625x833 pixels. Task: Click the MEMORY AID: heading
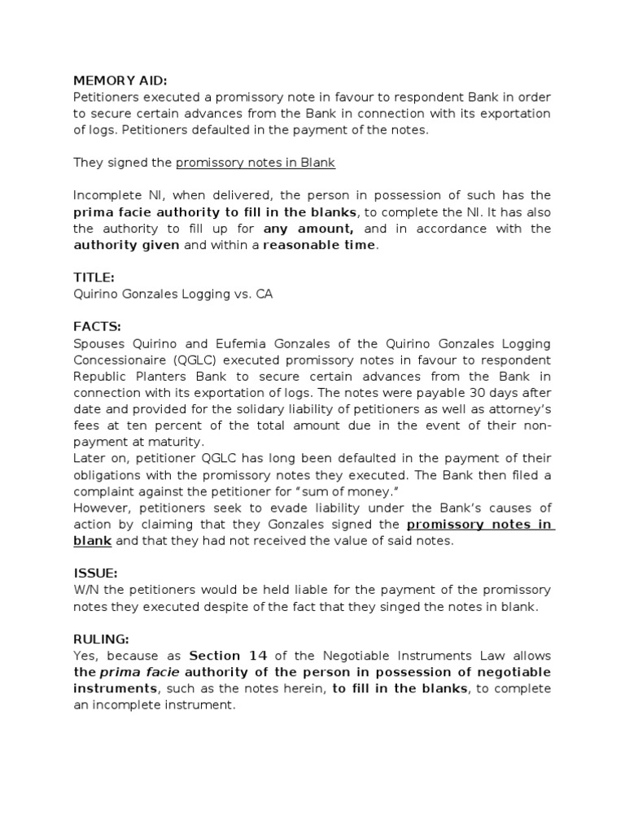pos(120,81)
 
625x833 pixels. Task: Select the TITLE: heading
pos(94,277)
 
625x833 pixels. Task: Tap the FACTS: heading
pos(97,327)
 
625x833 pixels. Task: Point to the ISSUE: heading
pos(95,573)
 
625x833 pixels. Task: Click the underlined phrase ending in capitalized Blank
pos(256,163)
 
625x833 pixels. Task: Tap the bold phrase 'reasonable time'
pos(320,245)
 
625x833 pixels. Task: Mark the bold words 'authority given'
pos(126,245)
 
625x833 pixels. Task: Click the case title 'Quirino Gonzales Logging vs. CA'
pos(173,294)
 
